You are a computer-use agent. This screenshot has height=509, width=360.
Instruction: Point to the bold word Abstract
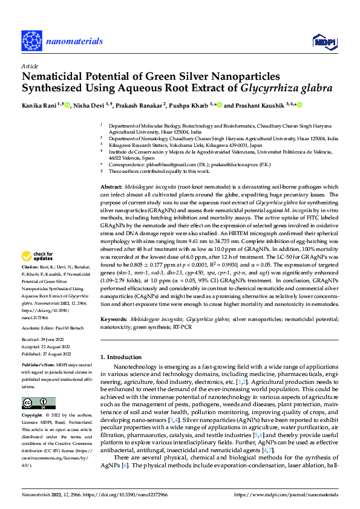pos(111,172)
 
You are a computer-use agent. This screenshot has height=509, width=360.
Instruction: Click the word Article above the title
pos(30,65)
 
